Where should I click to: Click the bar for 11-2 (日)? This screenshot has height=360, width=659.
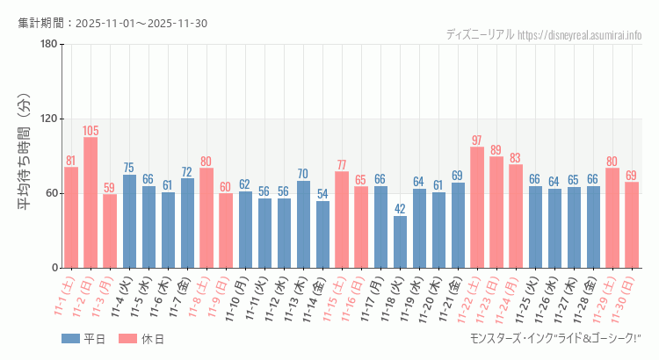click(91, 202)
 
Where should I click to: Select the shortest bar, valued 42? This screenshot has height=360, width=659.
click(400, 241)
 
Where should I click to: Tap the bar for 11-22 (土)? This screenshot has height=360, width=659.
click(477, 207)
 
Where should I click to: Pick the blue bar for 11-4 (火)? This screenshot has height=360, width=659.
click(129, 221)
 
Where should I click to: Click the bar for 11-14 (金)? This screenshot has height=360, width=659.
click(322, 234)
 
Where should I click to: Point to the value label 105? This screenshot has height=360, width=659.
click(91, 131)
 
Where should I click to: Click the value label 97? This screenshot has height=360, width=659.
click(477, 140)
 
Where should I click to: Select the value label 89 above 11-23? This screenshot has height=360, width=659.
click(496, 150)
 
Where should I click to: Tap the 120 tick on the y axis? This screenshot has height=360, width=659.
click(48, 119)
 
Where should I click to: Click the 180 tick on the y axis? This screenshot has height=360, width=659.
click(48, 44)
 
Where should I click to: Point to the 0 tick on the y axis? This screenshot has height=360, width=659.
click(54, 268)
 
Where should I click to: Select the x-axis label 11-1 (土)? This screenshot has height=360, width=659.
click(63, 299)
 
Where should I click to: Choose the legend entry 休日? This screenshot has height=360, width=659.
click(142, 339)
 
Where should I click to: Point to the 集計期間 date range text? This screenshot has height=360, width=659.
click(112, 23)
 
